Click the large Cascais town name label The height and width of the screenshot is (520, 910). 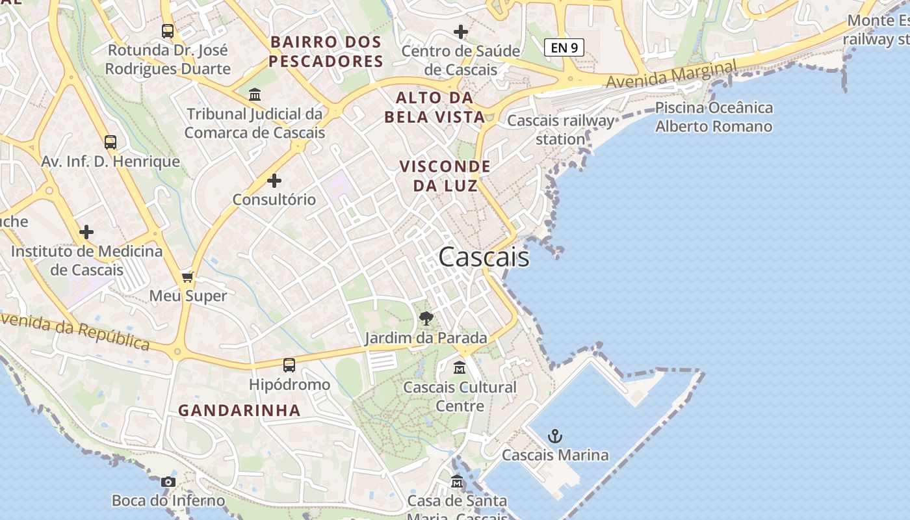pos(484,257)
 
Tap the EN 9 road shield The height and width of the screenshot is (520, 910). pos(564,47)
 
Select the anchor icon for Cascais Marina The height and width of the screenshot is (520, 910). pos(554,436)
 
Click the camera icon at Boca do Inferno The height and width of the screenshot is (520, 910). pos(168,482)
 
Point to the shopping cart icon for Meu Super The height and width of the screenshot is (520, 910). pos(188,278)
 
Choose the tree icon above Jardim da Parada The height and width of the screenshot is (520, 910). pos(426,318)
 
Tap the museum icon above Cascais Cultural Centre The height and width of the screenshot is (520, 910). pos(460,368)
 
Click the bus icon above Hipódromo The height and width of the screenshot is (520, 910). pos(289,365)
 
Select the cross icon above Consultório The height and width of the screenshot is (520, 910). pos(274,180)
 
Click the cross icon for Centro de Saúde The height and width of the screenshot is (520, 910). pos(461,31)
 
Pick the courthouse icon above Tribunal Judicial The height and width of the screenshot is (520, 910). pos(255,95)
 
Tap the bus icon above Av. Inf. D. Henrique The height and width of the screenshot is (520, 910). pos(110,142)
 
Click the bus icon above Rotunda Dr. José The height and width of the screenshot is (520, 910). pos(168,31)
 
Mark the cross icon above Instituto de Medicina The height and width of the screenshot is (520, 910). pos(86,232)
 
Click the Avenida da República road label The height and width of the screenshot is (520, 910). pos(75,331)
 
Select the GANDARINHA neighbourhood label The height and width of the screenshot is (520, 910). pos(239,411)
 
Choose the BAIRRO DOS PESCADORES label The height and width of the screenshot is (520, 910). pos(326,52)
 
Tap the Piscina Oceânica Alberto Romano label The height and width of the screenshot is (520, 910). pos(714,117)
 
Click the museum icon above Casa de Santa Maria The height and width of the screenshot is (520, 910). pos(457,482)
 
